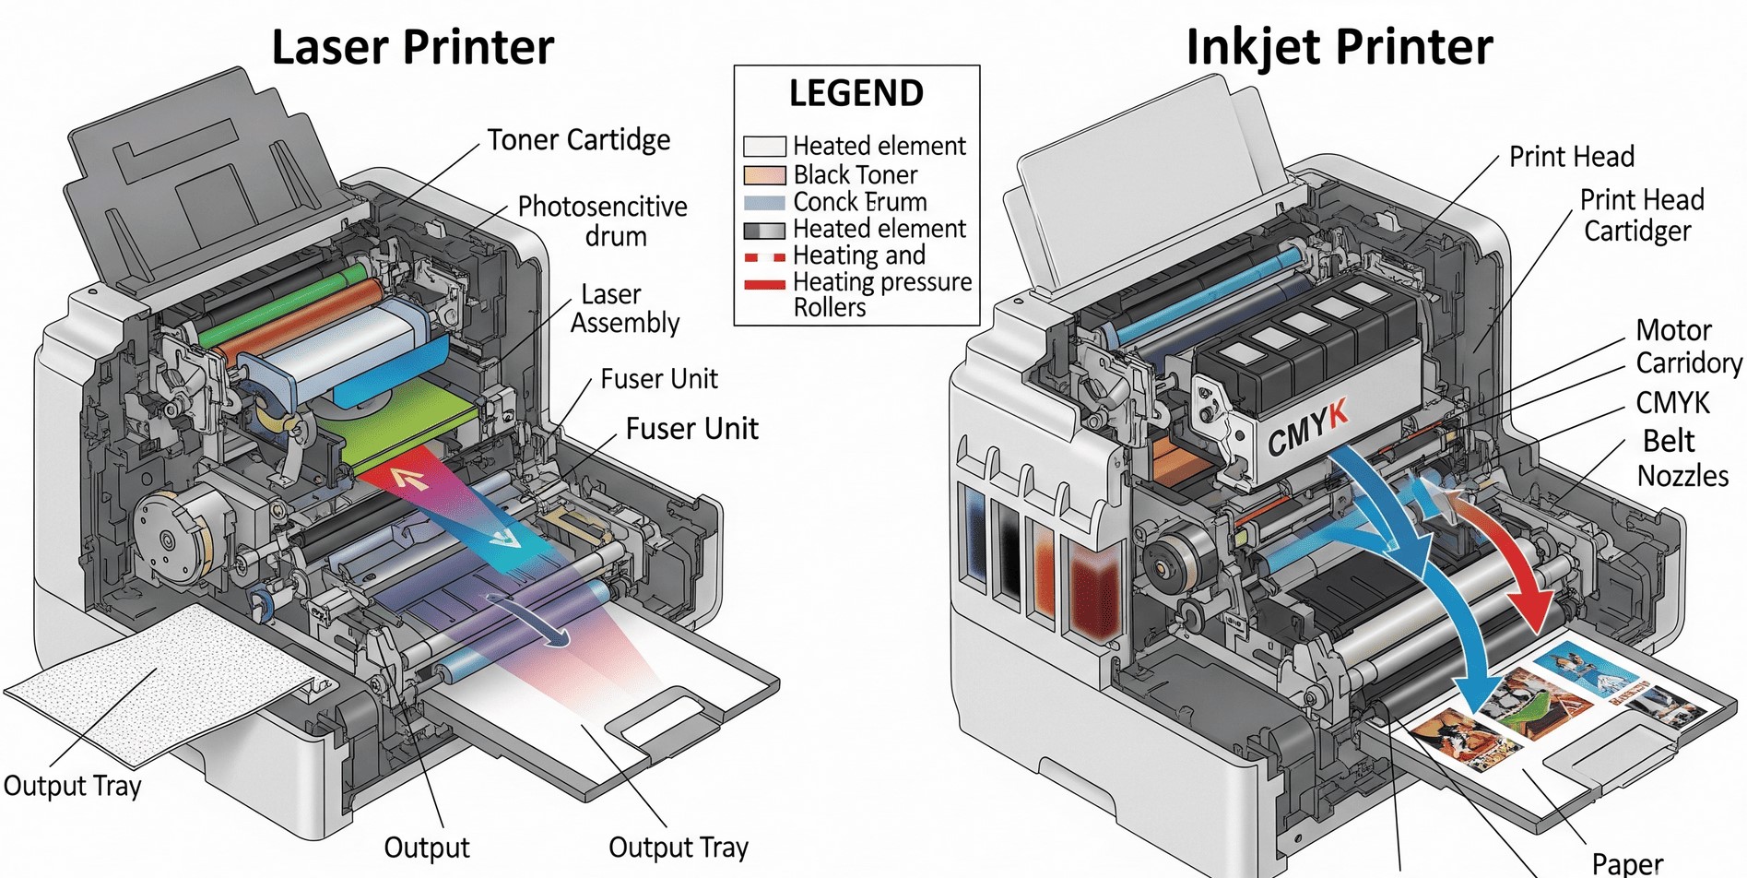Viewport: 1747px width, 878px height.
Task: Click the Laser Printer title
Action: [x=412, y=47]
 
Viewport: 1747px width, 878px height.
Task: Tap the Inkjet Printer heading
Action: [x=1339, y=47]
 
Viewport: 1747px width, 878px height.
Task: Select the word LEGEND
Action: [x=856, y=94]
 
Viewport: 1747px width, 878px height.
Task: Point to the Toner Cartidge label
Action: [x=578, y=140]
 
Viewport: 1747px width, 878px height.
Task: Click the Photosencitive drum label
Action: [x=603, y=220]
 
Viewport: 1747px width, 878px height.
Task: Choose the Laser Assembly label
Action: [x=624, y=308]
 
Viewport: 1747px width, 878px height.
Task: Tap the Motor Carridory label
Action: [x=1688, y=346]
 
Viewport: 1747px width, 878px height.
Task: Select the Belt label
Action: [x=1668, y=441]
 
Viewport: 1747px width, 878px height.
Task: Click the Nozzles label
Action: [x=1682, y=476]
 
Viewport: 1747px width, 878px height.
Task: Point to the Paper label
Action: [x=1627, y=863]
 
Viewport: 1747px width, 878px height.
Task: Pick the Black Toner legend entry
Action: [x=855, y=174]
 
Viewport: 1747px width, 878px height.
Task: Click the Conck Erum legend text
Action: [x=859, y=202]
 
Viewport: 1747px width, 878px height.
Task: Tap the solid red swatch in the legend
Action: [x=764, y=284]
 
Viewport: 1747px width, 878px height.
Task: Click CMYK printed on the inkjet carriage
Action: [x=1307, y=428]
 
